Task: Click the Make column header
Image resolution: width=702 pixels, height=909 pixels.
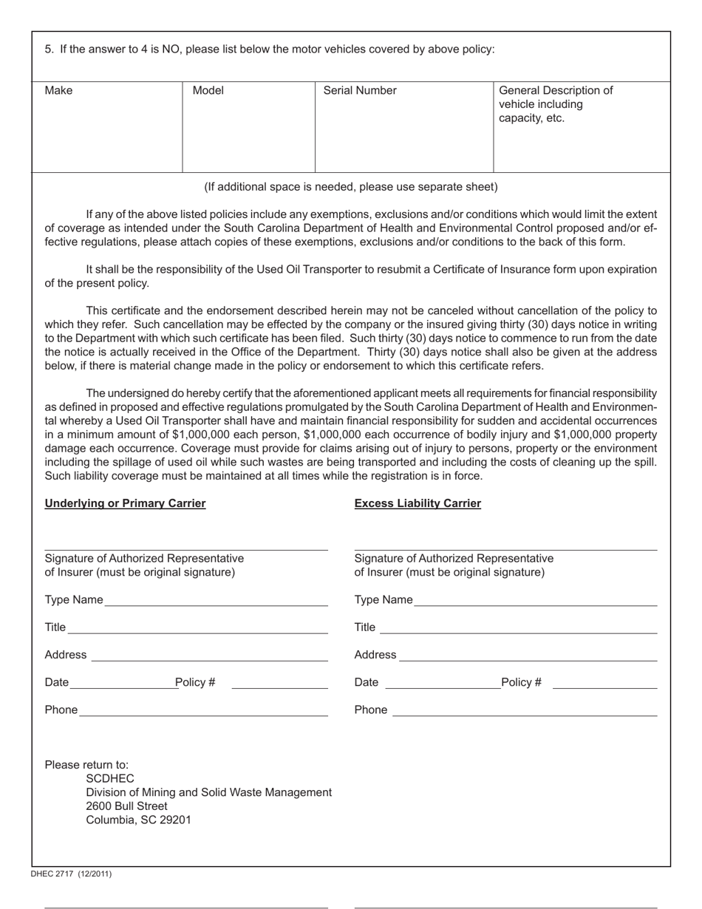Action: pos(58,91)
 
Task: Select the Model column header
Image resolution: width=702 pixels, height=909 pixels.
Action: pos(208,91)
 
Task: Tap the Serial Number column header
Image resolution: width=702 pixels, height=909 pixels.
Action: pos(360,91)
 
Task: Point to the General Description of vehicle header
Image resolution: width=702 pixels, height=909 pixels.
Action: pos(556,104)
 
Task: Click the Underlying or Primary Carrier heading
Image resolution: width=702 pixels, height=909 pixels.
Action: pos(125,503)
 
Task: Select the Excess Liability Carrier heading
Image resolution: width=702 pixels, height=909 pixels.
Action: pos(418,503)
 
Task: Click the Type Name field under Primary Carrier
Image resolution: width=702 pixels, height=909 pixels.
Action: pos(216,599)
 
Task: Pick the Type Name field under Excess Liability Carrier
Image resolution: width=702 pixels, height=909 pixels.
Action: pos(535,599)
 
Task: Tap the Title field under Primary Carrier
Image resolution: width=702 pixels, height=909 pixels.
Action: pos(197,627)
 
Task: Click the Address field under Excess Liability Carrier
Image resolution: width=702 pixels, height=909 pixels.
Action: pos(528,655)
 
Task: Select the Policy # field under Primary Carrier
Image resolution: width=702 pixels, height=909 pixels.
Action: pos(279,682)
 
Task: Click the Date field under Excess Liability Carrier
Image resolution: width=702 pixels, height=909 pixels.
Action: pos(443,682)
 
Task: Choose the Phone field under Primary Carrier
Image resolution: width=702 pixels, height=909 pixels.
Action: pos(203,710)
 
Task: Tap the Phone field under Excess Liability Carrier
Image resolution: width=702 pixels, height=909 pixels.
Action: pos(525,710)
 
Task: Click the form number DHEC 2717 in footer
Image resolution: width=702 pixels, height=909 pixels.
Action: pos(71,874)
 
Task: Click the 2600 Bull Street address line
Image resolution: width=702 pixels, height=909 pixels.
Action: pos(126,806)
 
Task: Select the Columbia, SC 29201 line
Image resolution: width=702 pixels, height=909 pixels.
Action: pos(138,820)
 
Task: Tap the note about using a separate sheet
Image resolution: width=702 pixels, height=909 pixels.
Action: pos(351,187)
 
